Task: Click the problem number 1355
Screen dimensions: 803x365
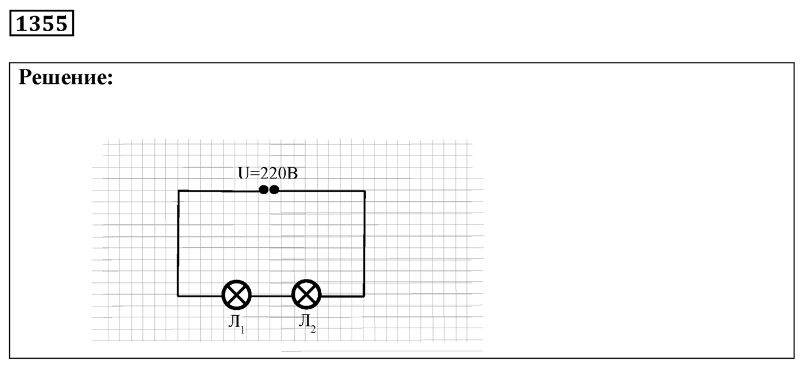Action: click(x=41, y=24)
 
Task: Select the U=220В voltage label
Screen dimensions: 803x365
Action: click(x=268, y=173)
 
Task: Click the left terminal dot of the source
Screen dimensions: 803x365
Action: click(x=263, y=189)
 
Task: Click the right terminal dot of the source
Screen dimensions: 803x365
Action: click(x=274, y=189)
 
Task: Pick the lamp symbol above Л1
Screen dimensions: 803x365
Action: click(x=236, y=295)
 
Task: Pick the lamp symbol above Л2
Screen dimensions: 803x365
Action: click(x=306, y=295)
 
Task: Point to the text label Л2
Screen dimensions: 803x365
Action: click(x=307, y=323)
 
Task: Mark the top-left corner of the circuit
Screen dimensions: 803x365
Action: click(x=178, y=191)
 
